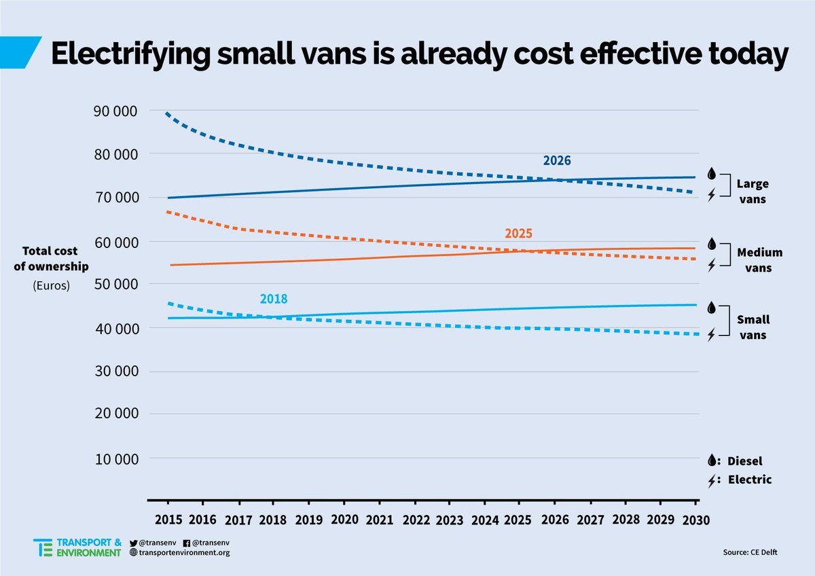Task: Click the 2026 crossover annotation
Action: tap(556, 161)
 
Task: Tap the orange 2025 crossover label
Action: tap(518, 234)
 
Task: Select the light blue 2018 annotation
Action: tap(274, 299)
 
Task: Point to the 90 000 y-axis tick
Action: tap(114, 111)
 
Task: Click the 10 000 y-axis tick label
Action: tap(114, 458)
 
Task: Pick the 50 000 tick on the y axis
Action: tap(114, 284)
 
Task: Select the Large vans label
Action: tap(752, 191)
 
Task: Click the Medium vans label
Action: tap(759, 260)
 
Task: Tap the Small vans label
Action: tap(752, 327)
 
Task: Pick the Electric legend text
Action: tap(750, 480)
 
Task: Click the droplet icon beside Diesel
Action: tap(712, 461)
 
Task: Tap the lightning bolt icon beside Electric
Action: tap(712, 481)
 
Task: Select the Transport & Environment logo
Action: tap(77, 547)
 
